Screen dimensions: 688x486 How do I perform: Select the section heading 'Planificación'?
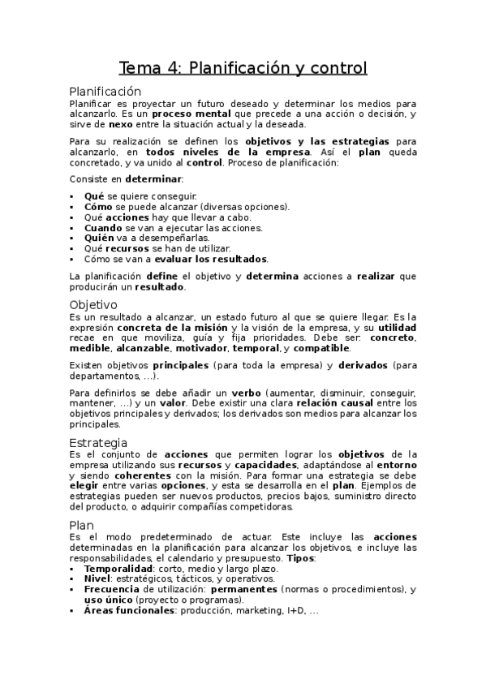[105, 92]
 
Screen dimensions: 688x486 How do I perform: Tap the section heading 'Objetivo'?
[94, 304]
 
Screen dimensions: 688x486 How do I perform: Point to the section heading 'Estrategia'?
[98, 442]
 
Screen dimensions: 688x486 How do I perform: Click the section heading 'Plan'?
[82, 525]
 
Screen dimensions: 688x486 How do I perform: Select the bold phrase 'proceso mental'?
[183, 114]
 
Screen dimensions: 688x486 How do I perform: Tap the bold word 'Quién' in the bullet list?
[101, 239]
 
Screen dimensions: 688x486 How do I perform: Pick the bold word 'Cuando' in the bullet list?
[104, 228]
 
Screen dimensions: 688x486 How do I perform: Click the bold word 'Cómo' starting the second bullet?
[99, 207]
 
